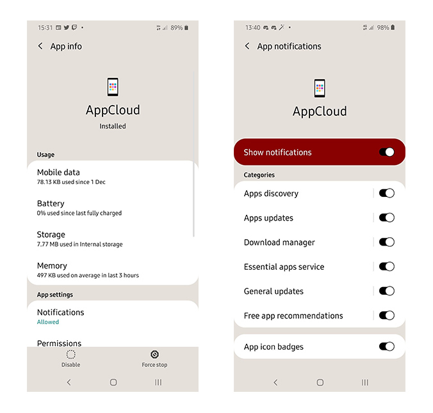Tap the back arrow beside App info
(40, 46)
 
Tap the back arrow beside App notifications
(247, 46)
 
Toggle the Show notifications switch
(387, 152)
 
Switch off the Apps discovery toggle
(387, 193)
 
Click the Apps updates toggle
(387, 218)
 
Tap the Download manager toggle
(387, 242)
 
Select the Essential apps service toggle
(387, 267)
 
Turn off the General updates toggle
(387, 291)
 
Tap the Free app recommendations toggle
(387, 315)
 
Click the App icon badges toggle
(387, 347)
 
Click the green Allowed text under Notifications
(48, 322)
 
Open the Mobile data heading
(58, 173)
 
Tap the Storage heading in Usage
(51, 235)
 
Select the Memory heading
(52, 266)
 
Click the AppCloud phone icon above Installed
(113, 87)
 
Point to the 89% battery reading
(176, 27)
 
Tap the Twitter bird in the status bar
(66, 27)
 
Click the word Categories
(259, 175)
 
